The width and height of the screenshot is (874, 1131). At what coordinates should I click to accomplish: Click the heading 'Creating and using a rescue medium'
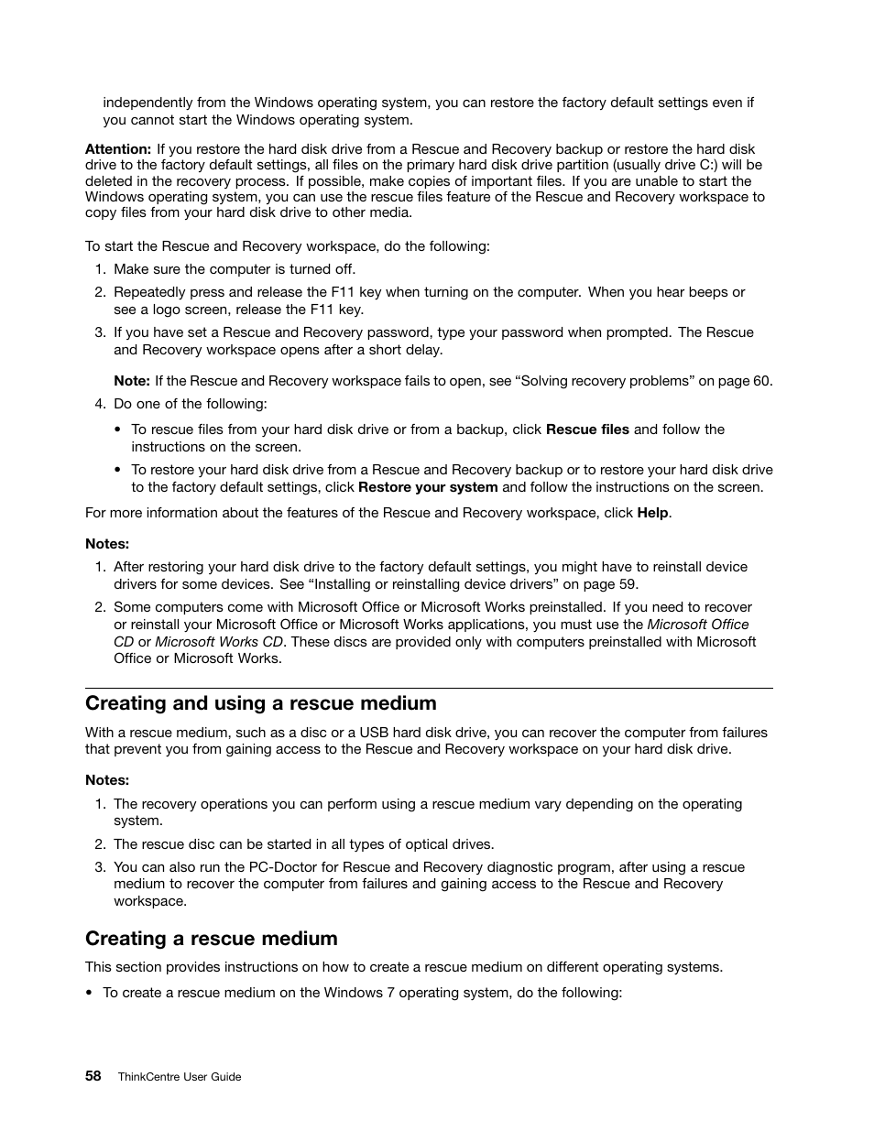pyautogui.click(x=260, y=703)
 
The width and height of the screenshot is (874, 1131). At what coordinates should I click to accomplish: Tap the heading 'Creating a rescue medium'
pyautogui.click(x=211, y=939)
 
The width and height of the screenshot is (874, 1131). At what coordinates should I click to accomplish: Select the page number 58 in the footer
pyautogui.click(x=93, y=1076)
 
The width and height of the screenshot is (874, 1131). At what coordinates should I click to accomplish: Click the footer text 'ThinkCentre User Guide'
pyautogui.click(x=180, y=1077)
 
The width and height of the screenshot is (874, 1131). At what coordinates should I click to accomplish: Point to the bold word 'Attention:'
pyautogui.click(x=118, y=149)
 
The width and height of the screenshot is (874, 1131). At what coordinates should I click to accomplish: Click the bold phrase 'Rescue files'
pyautogui.click(x=587, y=430)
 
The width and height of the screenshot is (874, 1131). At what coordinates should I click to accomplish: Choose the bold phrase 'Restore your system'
pyautogui.click(x=428, y=487)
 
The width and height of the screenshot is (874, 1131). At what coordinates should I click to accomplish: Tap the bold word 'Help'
pyautogui.click(x=652, y=513)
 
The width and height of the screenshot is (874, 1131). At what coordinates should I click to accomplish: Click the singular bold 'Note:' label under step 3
pyautogui.click(x=132, y=381)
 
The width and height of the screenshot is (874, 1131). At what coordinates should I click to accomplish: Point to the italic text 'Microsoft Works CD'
pyautogui.click(x=219, y=642)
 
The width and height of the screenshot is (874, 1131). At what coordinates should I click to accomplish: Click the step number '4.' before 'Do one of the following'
pyautogui.click(x=100, y=404)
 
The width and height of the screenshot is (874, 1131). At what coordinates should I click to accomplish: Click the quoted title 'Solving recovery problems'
pyautogui.click(x=605, y=381)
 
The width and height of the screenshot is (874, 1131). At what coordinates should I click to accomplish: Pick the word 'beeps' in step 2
pyautogui.click(x=708, y=292)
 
